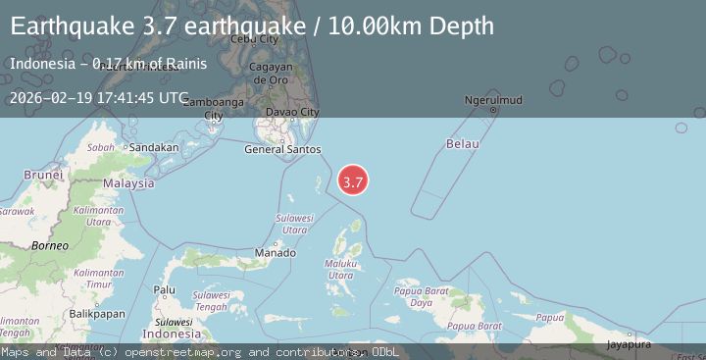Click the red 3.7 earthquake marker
[x=353, y=180]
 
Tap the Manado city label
[x=275, y=253]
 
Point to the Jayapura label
[x=629, y=343]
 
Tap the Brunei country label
[x=43, y=175]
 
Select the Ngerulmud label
[x=493, y=100]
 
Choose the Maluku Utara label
[x=341, y=270]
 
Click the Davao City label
[x=295, y=113]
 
